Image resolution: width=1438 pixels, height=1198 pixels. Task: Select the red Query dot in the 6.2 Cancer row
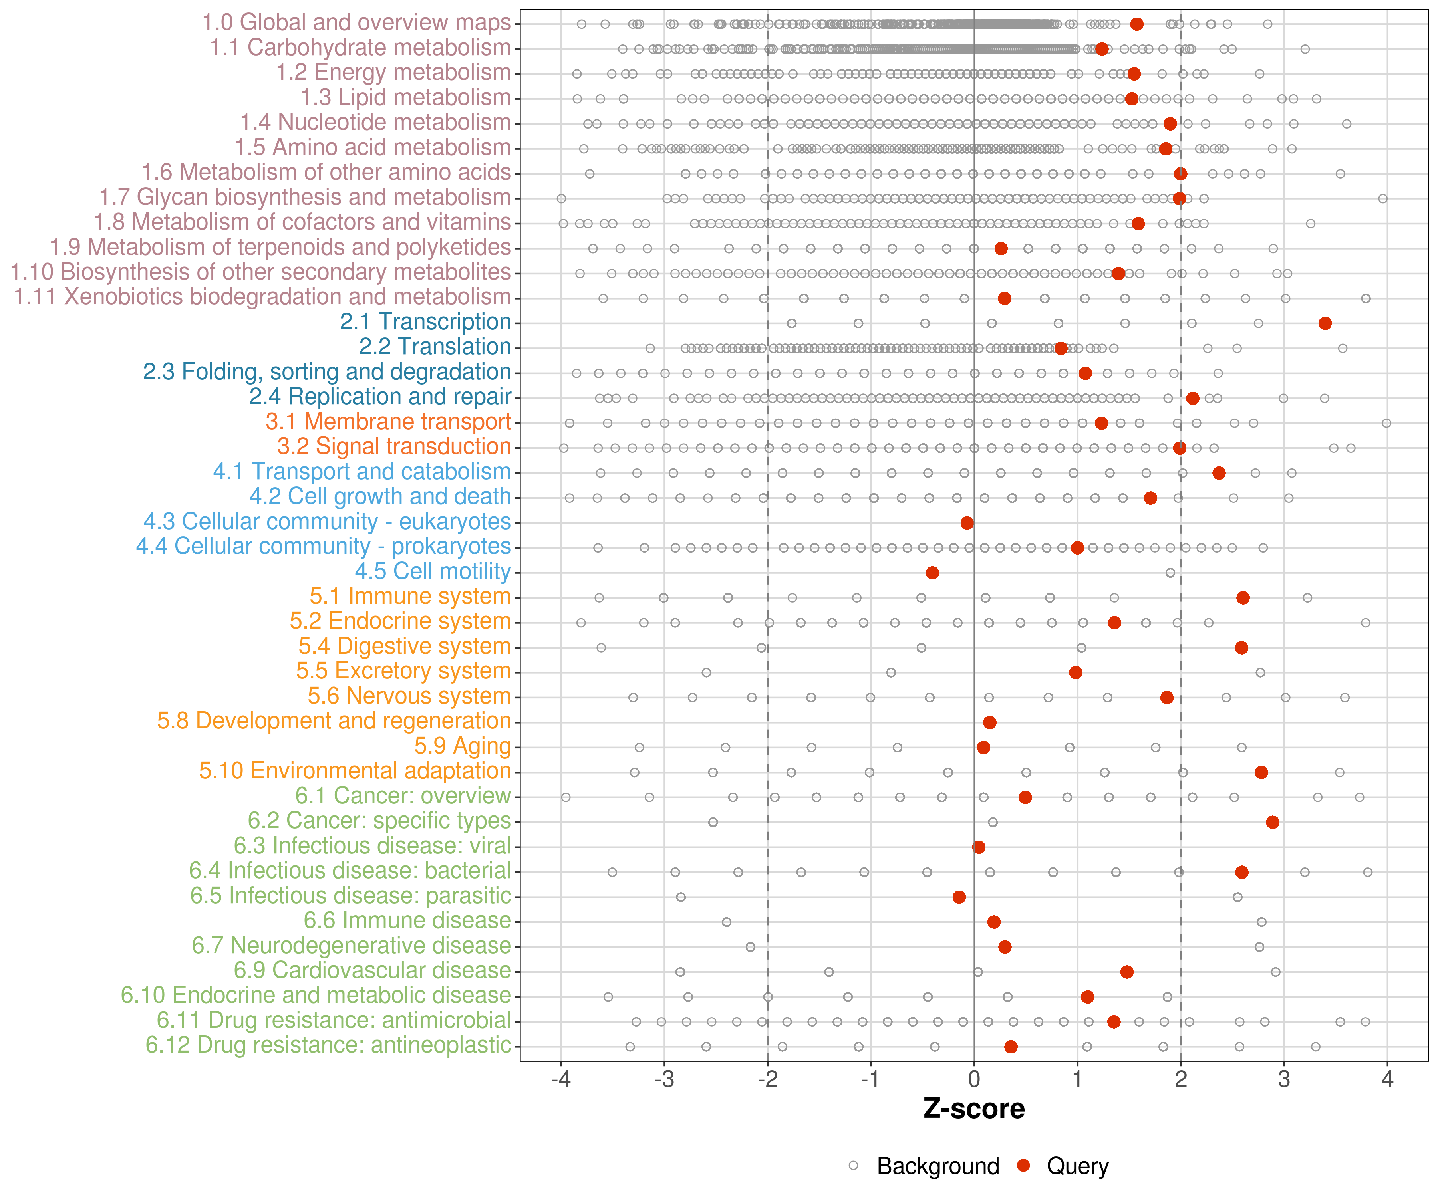[1272, 822]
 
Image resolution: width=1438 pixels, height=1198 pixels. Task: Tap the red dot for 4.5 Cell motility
[932, 572]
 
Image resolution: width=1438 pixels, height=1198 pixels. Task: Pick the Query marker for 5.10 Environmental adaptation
[1261, 772]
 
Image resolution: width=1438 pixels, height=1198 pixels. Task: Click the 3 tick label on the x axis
[1284, 1080]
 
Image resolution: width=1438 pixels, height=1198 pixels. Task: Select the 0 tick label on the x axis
[974, 1080]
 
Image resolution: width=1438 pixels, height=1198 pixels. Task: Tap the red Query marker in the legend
[1024, 1166]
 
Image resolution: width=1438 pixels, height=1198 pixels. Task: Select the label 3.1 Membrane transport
[388, 422]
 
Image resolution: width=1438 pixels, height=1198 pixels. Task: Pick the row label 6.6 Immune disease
[407, 921]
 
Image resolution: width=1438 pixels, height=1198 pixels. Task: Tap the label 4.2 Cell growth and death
[380, 496]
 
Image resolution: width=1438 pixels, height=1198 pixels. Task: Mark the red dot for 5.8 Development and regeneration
[989, 722]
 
